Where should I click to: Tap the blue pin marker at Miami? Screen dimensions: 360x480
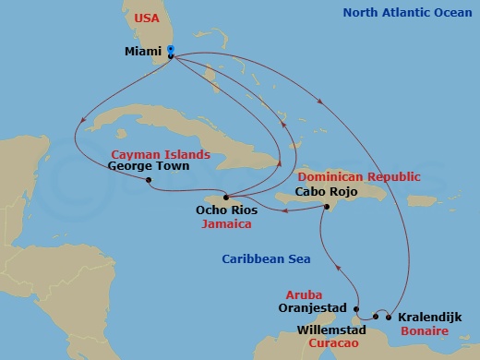pyautogui.click(x=171, y=54)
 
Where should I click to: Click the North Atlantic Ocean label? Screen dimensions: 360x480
pyautogui.click(x=407, y=13)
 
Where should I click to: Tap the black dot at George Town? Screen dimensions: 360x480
pyautogui.click(x=149, y=180)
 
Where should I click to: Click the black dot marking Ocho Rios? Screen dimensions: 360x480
pyautogui.click(x=225, y=198)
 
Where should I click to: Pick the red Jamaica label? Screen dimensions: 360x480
pyautogui.click(x=226, y=223)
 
